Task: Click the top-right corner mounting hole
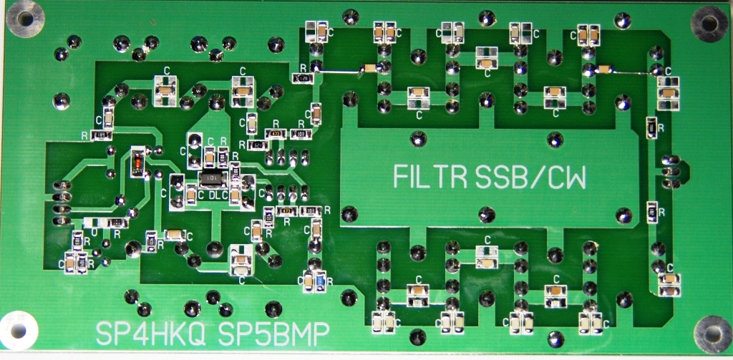pos(709,24)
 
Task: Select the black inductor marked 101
pos(208,177)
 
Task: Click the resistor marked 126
pos(303,77)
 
